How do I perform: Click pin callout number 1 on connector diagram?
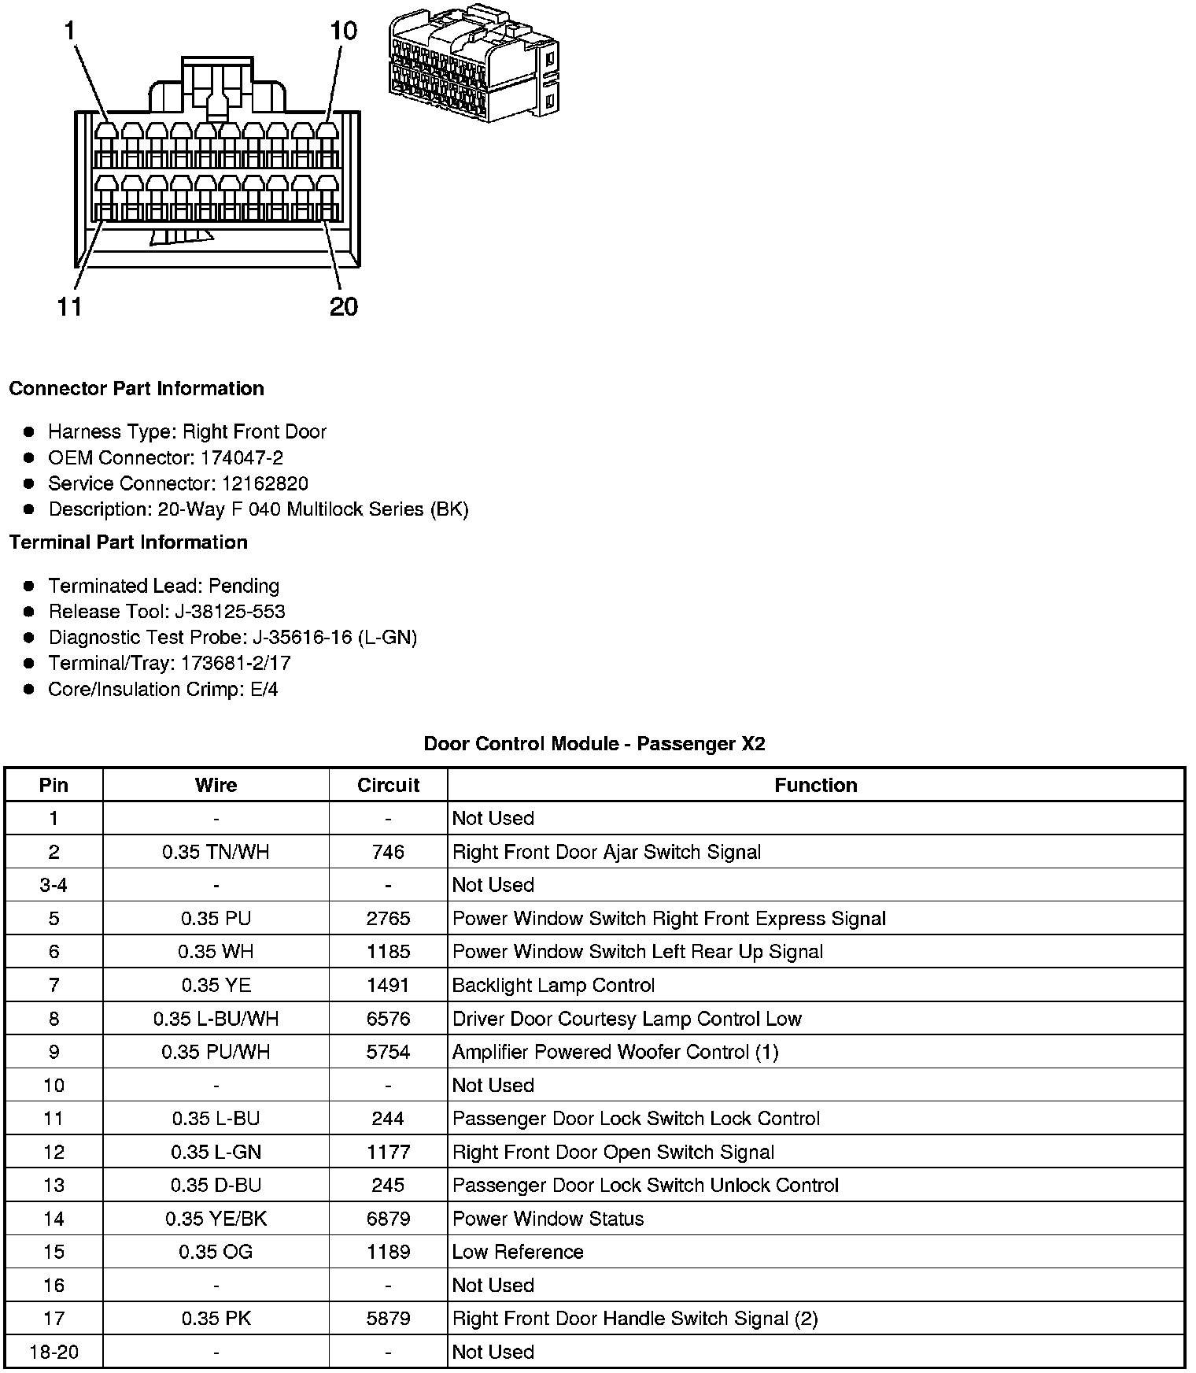coord(70,31)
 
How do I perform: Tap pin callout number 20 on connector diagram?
coord(344,306)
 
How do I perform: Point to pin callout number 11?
coord(70,306)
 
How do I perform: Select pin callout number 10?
coord(343,31)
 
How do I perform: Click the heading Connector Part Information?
coord(136,388)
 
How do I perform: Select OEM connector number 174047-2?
coord(242,457)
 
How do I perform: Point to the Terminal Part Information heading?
coord(128,542)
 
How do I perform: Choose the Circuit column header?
coord(388,785)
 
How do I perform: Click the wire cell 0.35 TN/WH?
coord(216,852)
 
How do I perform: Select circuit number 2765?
coord(388,919)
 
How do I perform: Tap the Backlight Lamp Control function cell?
coord(553,985)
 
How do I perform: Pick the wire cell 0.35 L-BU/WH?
coord(216,1019)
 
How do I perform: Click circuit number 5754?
coord(388,1052)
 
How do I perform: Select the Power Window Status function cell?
coord(548,1219)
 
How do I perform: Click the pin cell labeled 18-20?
coord(54,1352)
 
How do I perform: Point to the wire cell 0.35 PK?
coord(216,1319)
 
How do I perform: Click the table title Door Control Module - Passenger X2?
coord(594,743)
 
